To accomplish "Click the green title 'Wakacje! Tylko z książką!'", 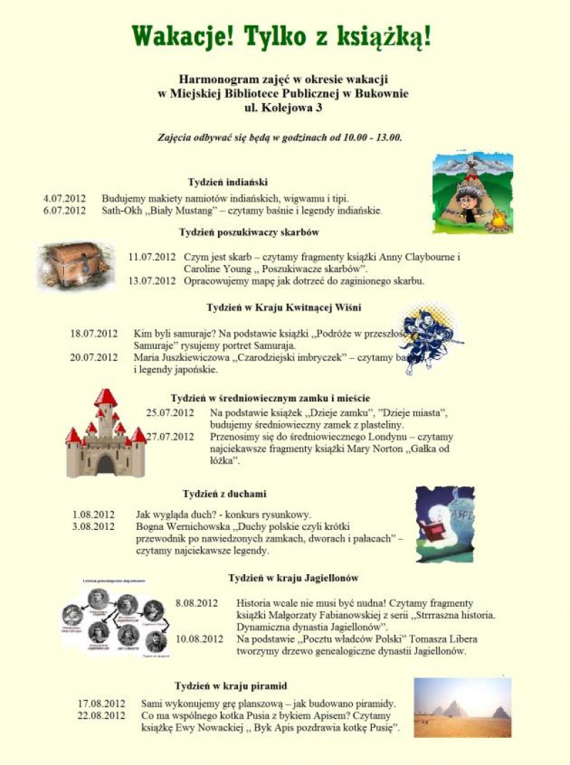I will coord(282,36).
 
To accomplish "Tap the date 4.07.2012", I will coord(64,199).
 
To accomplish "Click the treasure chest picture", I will coord(76,265).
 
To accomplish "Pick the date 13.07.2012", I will coord(151,281).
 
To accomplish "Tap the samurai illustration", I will coord(427,338).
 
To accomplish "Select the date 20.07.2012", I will coord(93,358).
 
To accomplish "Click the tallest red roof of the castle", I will coord(105,397).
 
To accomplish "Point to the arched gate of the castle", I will coord(105,464).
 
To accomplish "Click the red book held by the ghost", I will coord(431,531).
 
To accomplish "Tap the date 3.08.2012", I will coord(93,526).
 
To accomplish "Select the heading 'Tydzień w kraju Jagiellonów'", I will coord(293,578).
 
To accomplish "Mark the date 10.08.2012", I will coord(199,639).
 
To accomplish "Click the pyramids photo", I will coord(462,707).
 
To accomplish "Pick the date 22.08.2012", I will coord(101,715).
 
